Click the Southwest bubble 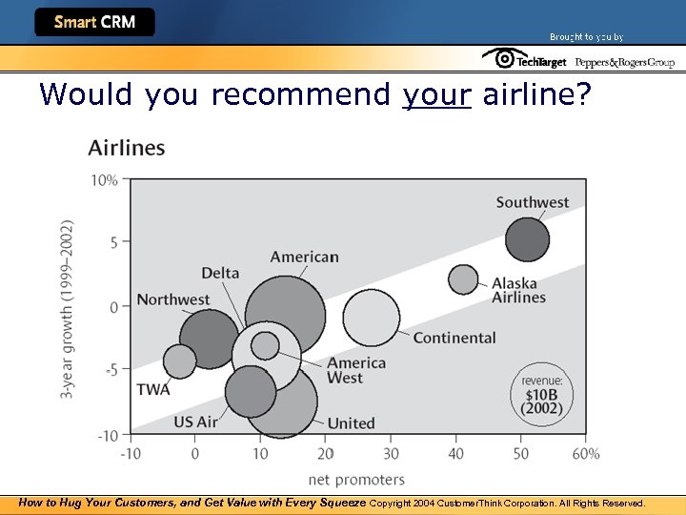coord(527,239)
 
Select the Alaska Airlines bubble coord(463,279)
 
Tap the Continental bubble coord(371,318)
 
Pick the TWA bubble coord(179,361)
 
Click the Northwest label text coord(172,299)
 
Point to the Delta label coord(220,274)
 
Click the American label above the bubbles coord(304,257)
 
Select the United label coord(351,423)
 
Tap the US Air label coord(196,422)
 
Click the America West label coord(356,370)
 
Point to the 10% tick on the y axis coord(105,179)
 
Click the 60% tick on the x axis coord(586,454)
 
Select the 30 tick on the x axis coord(391,454)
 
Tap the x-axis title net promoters coord(356,479)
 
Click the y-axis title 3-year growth coord(68,309)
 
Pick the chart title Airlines coord(126,148)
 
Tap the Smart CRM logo coord(94,22)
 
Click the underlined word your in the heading coord(436,94)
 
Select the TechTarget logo coord(525,60)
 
